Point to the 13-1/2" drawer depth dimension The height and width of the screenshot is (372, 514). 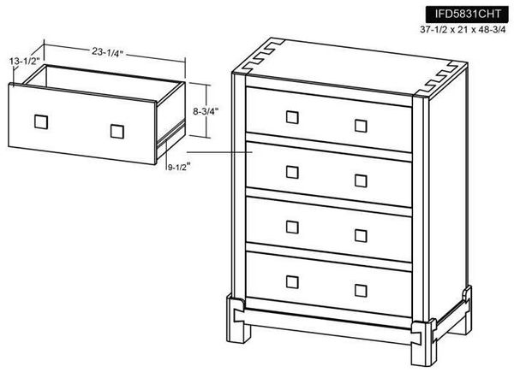[26, 62]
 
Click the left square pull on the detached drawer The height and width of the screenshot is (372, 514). [40, 121]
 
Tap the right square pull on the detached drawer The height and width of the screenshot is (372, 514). [117, 131]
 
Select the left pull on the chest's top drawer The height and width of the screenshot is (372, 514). [292, 116]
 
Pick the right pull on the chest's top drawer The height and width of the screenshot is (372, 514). [361, 125]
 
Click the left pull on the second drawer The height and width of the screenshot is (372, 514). [292, 171]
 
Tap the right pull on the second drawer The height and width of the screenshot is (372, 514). [361, 180]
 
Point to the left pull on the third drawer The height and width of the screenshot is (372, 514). [292, 226]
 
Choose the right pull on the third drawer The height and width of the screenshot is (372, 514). [361, 233]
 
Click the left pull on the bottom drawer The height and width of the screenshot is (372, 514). [292, 280]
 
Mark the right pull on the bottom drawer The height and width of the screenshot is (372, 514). [361, 287]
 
